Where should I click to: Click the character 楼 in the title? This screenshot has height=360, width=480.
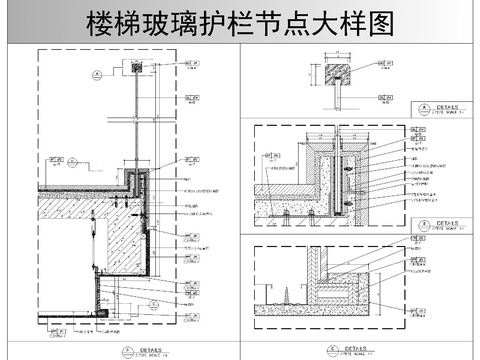102,22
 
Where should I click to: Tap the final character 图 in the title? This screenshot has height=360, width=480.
377,22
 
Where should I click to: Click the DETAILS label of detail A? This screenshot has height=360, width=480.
440,105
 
